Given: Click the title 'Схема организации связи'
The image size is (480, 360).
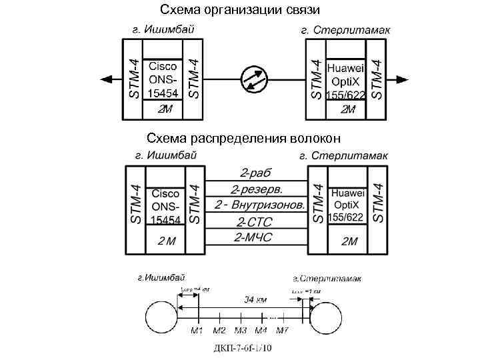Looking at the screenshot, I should (x=240, y=10).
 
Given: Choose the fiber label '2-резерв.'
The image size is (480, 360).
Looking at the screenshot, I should (x=255, y=189).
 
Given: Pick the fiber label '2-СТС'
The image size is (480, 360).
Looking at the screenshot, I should (x=255, y=221).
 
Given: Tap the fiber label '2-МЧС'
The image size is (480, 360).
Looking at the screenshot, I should (x=255, y=237).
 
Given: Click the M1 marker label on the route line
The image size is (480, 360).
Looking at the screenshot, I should (x=197, y=330).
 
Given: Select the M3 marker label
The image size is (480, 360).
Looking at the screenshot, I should (x=241, y=330).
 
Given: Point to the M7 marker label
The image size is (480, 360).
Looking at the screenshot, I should (x=282, y=330).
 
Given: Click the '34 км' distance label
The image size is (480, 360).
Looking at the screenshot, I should (x=253, y=299).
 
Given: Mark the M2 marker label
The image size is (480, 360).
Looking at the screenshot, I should (x=219, y=330).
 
